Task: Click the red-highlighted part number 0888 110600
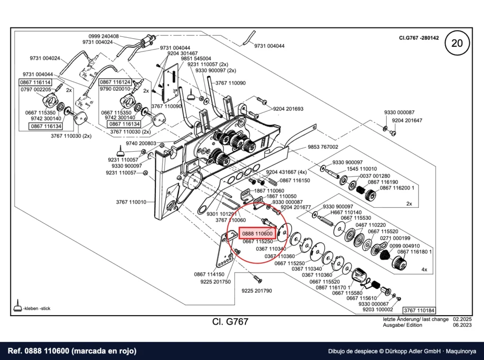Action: click(x=257, y=233)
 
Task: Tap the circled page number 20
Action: click(x=457, y=43)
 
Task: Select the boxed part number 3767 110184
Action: click(x=419, y=310)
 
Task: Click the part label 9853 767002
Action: click(x=323, y=147)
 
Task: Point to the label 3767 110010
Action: click(x=131, y=202)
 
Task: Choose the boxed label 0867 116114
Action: click(x=35, y=82)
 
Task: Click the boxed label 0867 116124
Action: click(x=115, y=82)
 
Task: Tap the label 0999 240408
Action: click(x=104, y=36)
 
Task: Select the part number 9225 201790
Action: click(x=257, y=291)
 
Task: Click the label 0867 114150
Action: click(x=209, y=274)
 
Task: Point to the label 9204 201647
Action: click(x=407, y=120)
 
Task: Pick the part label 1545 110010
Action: click(x=362, y=169)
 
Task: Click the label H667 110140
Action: click(x=346, y=212)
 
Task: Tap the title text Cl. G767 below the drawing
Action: click(x=230, y=322)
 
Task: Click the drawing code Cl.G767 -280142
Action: click(x=419, y=38)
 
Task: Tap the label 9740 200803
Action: click(x=141, y=144)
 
